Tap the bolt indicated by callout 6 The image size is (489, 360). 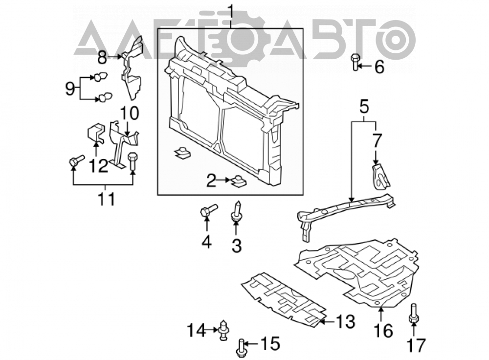click(356, 62)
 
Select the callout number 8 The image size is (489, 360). click(102, 58)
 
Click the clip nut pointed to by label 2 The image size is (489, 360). click(238, 181)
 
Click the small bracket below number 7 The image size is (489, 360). click(380, 177)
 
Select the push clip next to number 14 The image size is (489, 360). click(223, 330)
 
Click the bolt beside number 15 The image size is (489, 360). click(241, 348)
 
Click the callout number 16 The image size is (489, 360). click(383, 331)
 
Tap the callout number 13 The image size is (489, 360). click(346, 321)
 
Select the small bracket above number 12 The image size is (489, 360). click(95, 133)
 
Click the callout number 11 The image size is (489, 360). click(106, 199)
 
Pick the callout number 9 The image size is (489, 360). click(70, 89)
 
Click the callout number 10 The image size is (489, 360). click(130, 113)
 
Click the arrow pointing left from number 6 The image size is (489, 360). click(365, 66)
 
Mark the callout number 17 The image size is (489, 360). click(416, 345)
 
